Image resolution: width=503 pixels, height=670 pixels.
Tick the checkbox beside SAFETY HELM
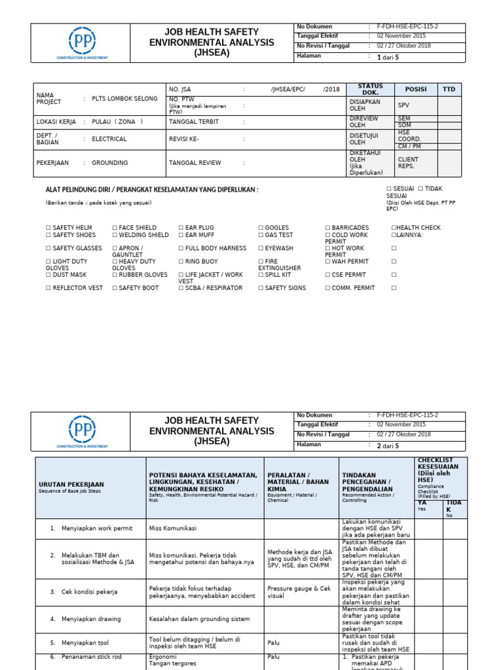coord(48,228)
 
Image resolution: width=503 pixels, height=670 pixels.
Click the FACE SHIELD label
coord(138,228)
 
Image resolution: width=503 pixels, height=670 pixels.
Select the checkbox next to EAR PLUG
coord(181,228)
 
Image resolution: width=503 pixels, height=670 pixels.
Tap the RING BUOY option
coord(200,261)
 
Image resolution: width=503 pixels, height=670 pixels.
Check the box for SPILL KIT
coord(261,275)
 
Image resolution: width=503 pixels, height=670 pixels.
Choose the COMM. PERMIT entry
coord(354,288)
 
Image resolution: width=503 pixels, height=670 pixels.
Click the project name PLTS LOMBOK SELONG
coord(124,99)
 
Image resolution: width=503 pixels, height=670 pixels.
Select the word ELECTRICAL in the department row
coord(109,139)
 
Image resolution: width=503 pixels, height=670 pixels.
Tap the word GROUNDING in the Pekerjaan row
coord(109,163)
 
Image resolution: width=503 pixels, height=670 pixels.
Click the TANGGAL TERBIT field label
coord(194,122)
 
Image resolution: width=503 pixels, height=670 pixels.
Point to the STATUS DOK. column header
coord(370,90)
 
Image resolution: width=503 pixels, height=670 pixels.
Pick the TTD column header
coord(449,90)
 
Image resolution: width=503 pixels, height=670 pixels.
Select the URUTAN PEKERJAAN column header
coord(71,484)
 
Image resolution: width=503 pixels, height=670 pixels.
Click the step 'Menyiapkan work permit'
coord(96,528)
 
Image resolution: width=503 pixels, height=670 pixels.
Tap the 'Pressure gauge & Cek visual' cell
coord(299,591)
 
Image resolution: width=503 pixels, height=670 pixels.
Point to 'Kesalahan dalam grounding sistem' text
coord(199,618)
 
